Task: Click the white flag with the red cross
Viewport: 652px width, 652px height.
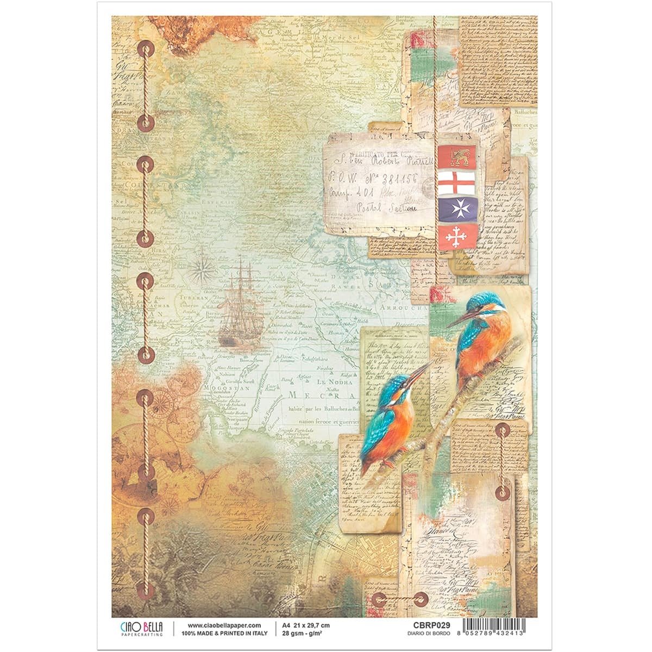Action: pos(457,183)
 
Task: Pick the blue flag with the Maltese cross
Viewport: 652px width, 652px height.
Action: pos(457,209)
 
